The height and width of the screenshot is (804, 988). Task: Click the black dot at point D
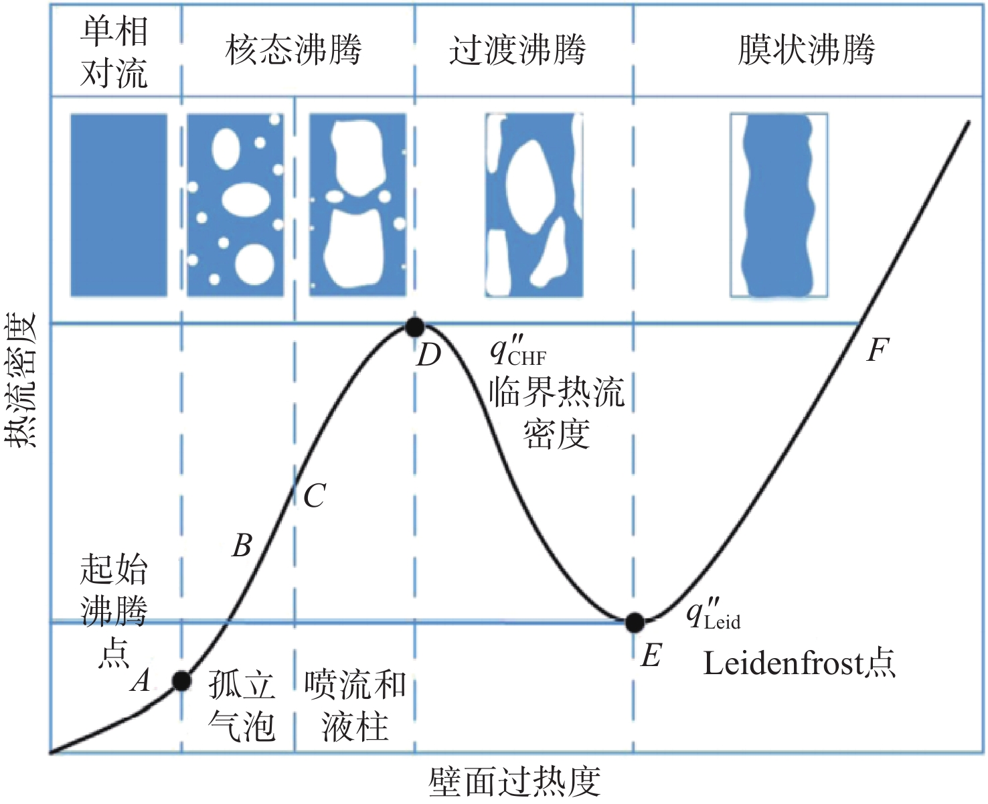point(415,327)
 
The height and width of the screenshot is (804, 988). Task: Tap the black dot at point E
point(634,622)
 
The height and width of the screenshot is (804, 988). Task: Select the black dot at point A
point(181,681)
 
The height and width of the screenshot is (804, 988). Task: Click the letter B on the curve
point(242,546)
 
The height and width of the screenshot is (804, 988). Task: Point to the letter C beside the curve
point(315,495)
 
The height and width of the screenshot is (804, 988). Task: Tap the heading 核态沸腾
point(293,49)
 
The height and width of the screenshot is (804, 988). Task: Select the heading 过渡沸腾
point(517,49)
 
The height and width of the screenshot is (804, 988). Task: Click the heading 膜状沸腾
point(806,49)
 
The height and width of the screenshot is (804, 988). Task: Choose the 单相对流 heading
point(114,52)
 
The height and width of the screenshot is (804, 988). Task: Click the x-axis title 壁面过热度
point(514,782)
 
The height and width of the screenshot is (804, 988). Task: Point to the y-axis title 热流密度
point(20,380)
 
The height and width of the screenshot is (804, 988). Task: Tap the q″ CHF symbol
point(518,352)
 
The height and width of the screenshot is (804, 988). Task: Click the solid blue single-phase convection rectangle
point(118,205)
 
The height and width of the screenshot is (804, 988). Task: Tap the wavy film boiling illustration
point(778,205)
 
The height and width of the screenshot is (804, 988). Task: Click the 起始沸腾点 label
point(114,611)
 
